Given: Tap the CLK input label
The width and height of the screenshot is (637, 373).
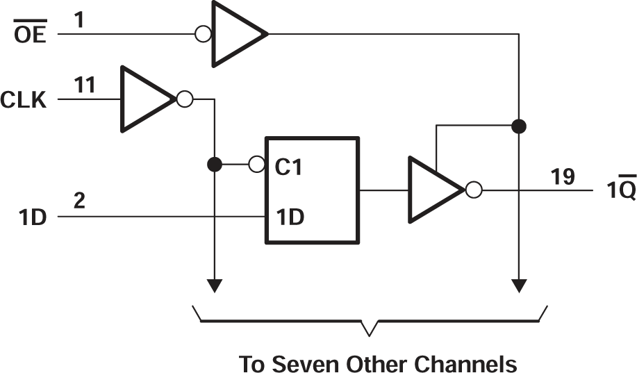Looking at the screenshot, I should click(x=24, y=101).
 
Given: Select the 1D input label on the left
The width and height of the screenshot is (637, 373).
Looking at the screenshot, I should click(x=31, y=217).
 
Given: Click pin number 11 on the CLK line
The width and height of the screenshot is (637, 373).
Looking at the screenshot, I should click(x=85, y=86).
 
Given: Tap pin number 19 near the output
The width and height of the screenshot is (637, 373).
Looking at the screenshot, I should click(x=563, y=177).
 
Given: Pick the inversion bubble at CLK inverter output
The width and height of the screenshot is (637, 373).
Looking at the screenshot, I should click(x=184, y=99).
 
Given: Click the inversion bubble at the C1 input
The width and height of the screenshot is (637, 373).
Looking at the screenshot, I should click(x=256, y=165).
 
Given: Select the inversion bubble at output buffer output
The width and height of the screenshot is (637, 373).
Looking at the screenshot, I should click(x=473, y=190).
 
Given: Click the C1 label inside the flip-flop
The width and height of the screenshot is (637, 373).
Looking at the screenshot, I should click(x=288, y=167).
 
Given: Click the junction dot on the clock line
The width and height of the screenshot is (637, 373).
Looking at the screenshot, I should click(x=215, y=165).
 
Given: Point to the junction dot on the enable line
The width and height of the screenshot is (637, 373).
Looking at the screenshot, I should click(x=518, y=126).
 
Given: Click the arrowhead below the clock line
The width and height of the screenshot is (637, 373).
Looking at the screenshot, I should click(x=215, y=285).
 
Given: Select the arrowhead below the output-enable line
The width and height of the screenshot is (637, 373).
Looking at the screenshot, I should click(x=518, y=285).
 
